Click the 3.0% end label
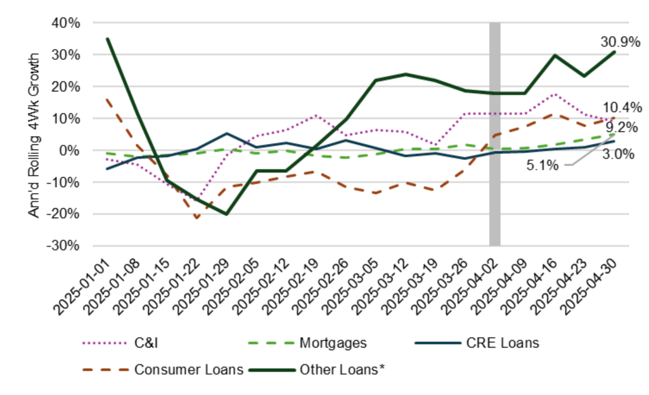click(619, 154)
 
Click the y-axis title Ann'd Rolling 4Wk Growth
click(35, 134)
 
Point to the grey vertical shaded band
click(495, 133)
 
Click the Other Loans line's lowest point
click(226, 214)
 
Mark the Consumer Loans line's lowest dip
click(196, 218)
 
